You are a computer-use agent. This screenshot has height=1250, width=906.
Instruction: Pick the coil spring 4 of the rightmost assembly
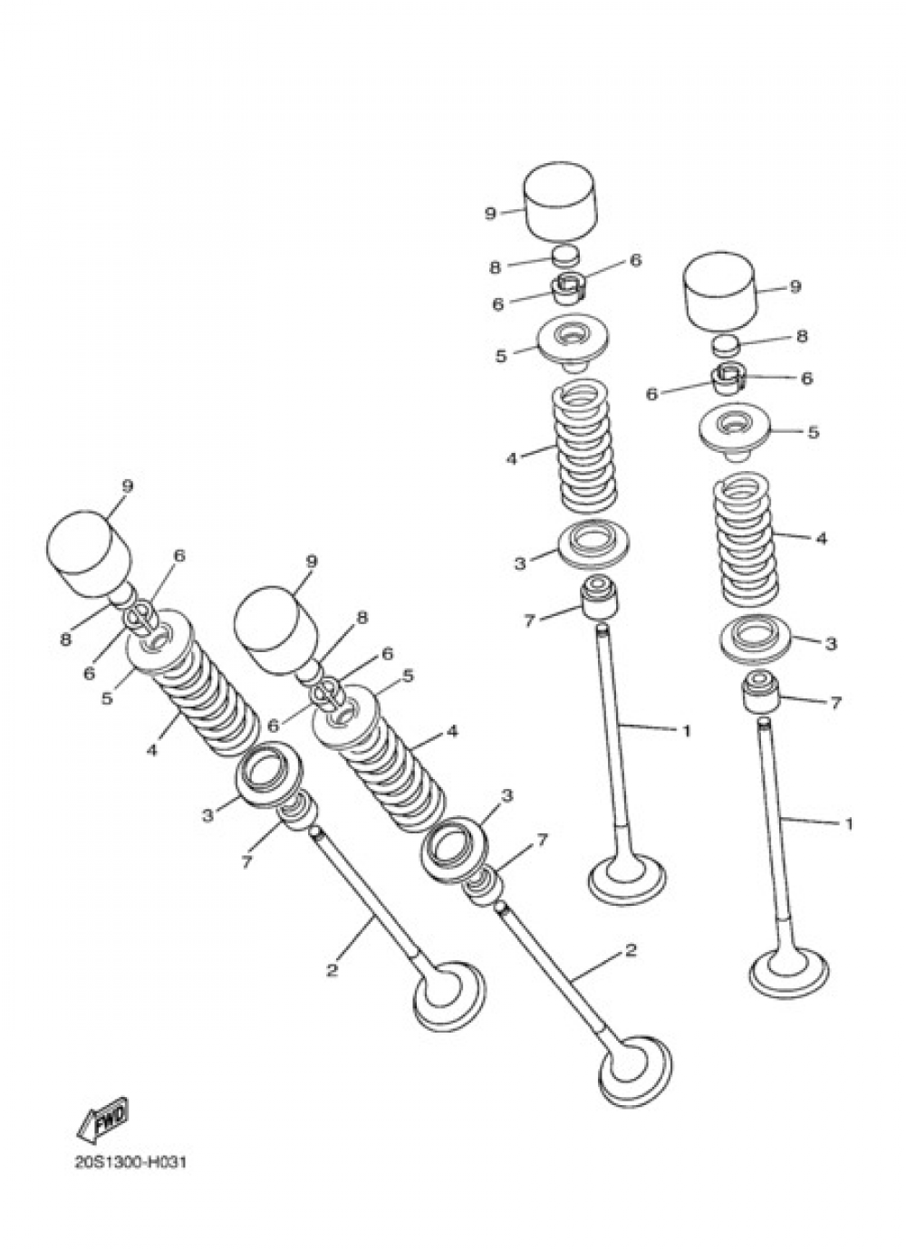747,541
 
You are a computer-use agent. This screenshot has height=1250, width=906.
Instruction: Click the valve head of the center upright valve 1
627,877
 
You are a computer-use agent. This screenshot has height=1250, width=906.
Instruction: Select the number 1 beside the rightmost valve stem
848,823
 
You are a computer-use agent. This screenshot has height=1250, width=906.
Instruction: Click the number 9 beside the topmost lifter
490,214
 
